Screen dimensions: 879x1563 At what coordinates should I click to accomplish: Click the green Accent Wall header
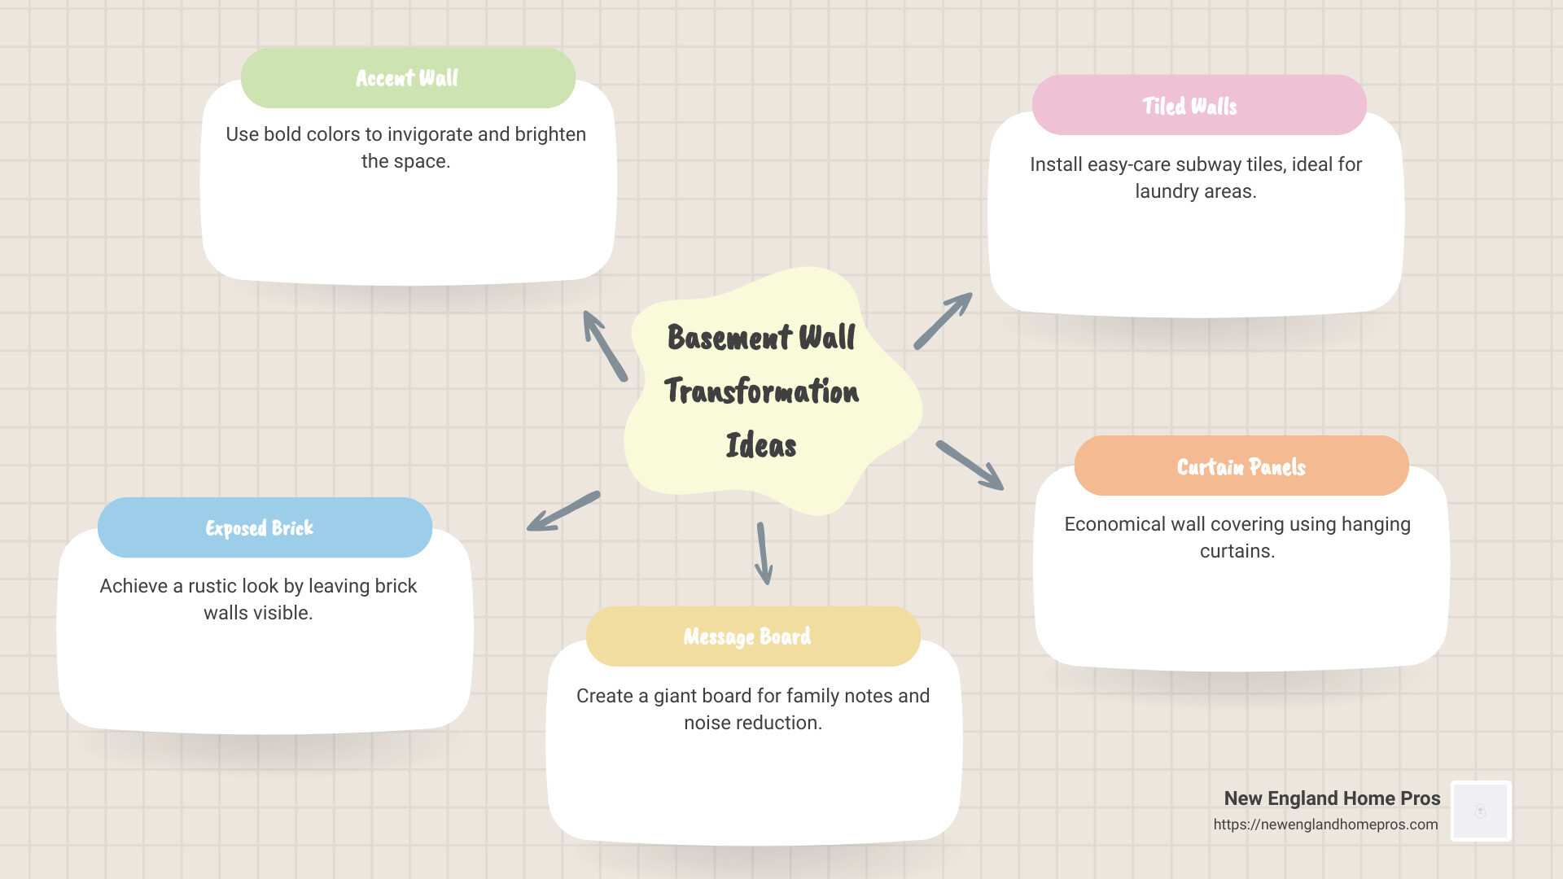pyautogui.click(x=408, y=78)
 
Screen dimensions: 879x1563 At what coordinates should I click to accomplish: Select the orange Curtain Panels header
pyautogui.click(x=1241, y=466)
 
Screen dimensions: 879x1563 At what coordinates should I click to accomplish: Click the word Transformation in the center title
pyautogui.click(x=761, y=391)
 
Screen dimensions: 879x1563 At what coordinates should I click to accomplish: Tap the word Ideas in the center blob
pyautogui.click(x=761, y=446)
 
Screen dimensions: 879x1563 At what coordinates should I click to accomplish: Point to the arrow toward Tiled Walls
pyautogui.click(x=943, y=321)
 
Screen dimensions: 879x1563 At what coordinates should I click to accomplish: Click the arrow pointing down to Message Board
pyautogui.click(x=764, y=553)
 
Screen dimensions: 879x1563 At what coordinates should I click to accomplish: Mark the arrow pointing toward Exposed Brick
pyautogui.click(x=563, y=511)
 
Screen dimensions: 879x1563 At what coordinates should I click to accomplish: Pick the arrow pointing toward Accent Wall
pyautogui.click(x=605, y=346)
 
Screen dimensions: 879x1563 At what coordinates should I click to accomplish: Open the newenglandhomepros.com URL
pyautogui.click(x=1325, y=824)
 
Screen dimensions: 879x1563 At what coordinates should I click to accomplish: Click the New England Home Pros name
pyautogui.click(x=1332, y=798)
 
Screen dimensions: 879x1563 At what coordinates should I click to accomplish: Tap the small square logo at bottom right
pyautogui.click(x=1481, y=811)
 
